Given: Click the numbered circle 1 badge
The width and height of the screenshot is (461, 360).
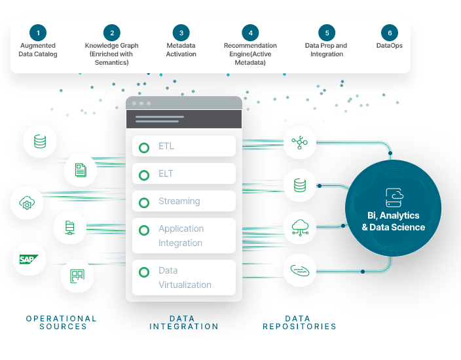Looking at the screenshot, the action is [38, 33].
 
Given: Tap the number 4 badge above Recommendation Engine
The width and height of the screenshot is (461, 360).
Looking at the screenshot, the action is [250, 33].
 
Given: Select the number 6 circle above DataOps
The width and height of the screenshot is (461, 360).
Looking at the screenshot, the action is [390, 33].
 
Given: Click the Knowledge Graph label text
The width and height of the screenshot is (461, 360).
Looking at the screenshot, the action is [112, 54].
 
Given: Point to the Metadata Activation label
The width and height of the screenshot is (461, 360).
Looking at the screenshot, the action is [181, 50].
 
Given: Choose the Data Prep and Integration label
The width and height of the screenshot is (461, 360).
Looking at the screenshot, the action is [326, 50].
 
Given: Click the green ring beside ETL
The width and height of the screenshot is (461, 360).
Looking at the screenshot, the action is [144, 147].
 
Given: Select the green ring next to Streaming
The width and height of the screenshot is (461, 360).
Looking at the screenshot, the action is [144, 202].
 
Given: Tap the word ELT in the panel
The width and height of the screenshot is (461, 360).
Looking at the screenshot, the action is [166, 173].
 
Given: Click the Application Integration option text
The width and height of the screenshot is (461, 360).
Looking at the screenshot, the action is [181, 236].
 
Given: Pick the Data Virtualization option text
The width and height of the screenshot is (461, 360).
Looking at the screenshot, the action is [185, 278].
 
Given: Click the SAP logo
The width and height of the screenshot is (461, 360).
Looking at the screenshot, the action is [29, 259].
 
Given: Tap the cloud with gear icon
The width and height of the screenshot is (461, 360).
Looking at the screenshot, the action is [27, 203].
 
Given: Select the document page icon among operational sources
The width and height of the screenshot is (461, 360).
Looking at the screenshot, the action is [81, 170].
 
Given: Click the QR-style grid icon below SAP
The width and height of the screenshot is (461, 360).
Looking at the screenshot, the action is [77, 276].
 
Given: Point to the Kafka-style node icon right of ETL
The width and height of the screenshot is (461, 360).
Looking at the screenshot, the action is [300, 143].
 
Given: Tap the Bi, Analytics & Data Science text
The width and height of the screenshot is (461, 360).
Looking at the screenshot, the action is [394, 221].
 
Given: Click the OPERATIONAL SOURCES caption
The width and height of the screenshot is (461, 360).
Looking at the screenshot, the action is [62, 323].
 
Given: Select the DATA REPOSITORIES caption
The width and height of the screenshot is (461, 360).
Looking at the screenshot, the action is [299, 323].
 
